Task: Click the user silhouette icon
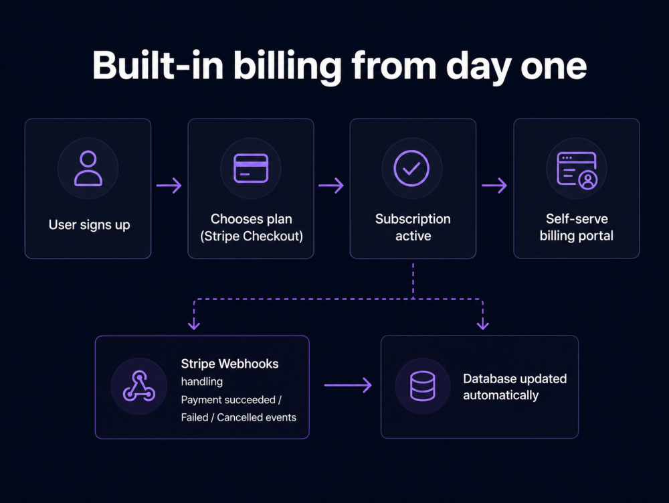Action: pyautogui.click(x=88, y=168)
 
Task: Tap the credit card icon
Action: pyautogui.click(x=251, y=168)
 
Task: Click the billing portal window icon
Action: pyautogui.click(x=577, y=170)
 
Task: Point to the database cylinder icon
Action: pyautogui.click(x=422, y=386)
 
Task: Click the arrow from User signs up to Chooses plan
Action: pyautogui.click(x=169, y=186)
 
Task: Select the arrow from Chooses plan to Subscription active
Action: pyautogui.click(x=331, y=186)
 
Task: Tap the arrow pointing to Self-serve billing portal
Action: pyautogui.click(x=494, y=186)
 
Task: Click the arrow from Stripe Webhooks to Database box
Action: pyautogui.click(x=348, y=385)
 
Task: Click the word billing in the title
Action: pyautogui.click(x=288, y=66)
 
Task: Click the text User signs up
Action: pyautogui.click(x=89, y=225)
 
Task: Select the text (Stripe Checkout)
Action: pyautogui.click(x=252, y=236)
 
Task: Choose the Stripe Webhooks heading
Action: pyautogui.click(x=229, y=364)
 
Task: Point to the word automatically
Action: pyautogui.click(x=501, y=395)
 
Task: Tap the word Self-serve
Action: pyautogui.click(x=577, y=218)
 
